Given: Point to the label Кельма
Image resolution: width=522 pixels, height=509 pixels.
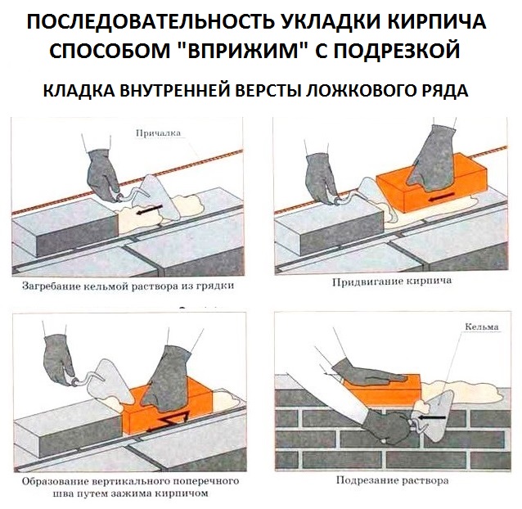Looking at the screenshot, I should [481, 327].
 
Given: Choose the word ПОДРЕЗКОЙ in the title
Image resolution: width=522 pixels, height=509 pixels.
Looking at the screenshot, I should [406, 51].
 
